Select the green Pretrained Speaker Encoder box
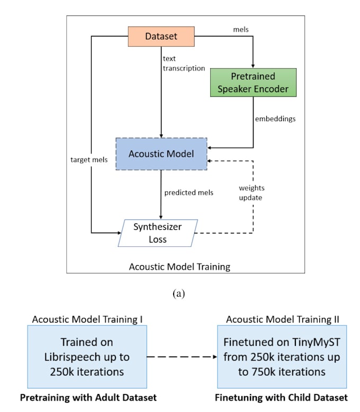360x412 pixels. (253, 83)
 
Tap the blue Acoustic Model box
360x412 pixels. (161, 154)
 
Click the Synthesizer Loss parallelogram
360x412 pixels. (157, 232)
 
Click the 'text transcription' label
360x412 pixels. (184, 63)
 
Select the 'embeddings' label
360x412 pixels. (275, 119)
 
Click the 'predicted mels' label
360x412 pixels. (188, 193)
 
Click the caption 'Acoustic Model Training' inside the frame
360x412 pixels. (179, 266)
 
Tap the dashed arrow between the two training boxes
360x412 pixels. (182, 357)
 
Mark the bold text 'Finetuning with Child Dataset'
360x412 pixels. (281, 397)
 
